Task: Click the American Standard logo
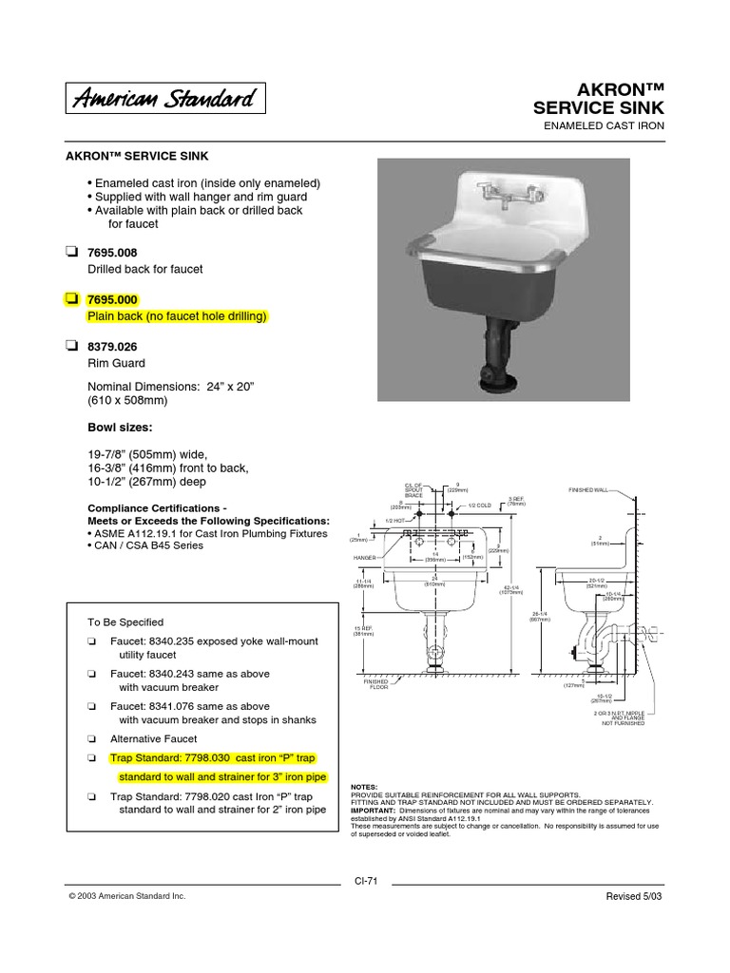(165, 98)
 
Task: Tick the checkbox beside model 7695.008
(72, 252)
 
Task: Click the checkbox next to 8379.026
(72, 345)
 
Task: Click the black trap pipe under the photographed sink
(496, 351)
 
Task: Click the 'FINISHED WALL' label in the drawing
(589, 489)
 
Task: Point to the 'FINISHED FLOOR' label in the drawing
(378, 683)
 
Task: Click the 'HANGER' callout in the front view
(366, 558)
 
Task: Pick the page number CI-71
(366, 881)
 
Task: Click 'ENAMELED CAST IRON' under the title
(602, 125)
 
